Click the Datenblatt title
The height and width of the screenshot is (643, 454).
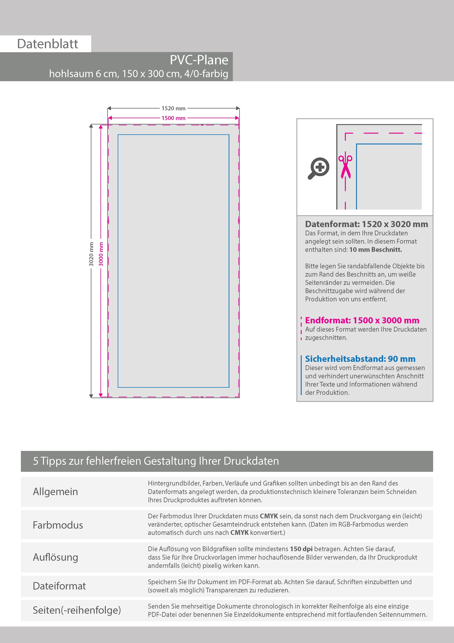48,44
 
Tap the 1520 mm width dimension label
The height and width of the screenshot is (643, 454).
173,108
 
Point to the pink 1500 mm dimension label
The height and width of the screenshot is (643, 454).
173,118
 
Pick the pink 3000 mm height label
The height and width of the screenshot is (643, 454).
101,254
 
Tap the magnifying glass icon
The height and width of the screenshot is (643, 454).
319,168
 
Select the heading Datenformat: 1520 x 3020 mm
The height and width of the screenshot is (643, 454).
366,224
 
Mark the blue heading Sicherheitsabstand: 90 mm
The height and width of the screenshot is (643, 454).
360,359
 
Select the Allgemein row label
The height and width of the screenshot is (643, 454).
55,491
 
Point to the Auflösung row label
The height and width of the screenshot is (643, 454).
55,557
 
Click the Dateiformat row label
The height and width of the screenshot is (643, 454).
59,586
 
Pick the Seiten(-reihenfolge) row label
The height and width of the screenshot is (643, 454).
77,610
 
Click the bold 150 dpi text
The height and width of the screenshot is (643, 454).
301,549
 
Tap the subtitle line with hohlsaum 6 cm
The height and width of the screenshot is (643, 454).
138,74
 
